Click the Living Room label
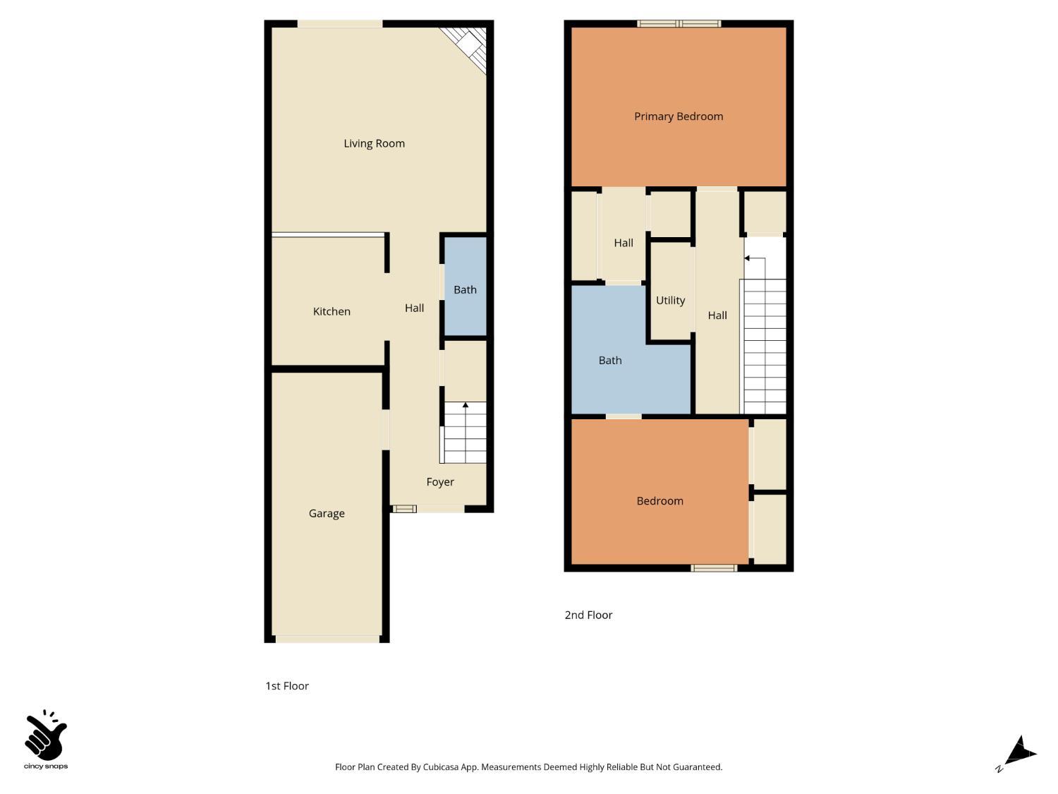[374, 143]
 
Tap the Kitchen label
[332, 311]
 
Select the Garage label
[327, 513]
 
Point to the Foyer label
[440, 482]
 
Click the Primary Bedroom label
[679, 116]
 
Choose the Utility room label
[670, 301]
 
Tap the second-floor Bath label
[610, 361]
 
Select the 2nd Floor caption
[588, 615]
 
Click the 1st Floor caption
[287, 686]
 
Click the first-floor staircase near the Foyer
[464, 433]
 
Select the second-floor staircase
[765, 346]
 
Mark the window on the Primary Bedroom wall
[679, 24]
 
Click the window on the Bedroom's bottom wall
[714, 567]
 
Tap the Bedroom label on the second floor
[659, 501]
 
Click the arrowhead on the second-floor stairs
[747, 258]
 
